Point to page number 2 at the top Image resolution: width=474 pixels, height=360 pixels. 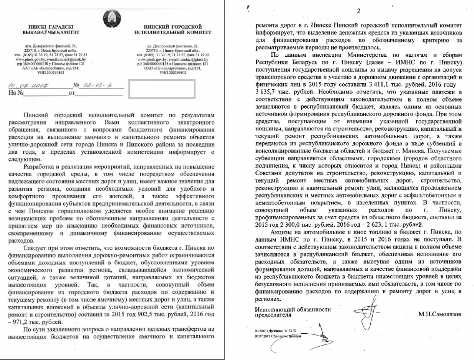click(x=358, y=11)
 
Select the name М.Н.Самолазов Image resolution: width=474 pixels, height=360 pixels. click(x=440, y=314)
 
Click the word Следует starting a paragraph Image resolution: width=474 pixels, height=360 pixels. click(x=33, y=248)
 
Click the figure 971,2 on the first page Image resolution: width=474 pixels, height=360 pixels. click(x=23, y=321)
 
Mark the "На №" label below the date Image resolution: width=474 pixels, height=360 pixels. click(x=16, y=93)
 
